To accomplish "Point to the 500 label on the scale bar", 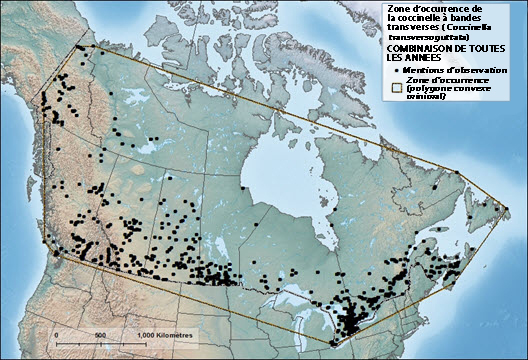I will pyautogui.click(x=100, y=334).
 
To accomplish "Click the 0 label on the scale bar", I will pyautogui.click(x=57, y=334).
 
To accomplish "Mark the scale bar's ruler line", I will pyautogui.click(x=100, y=343).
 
